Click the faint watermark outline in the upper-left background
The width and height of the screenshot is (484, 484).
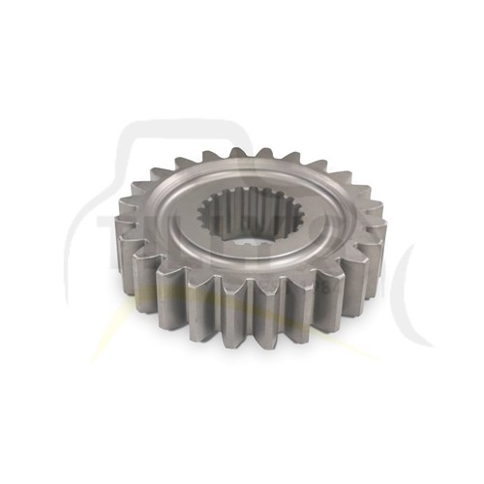pos(145,145)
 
